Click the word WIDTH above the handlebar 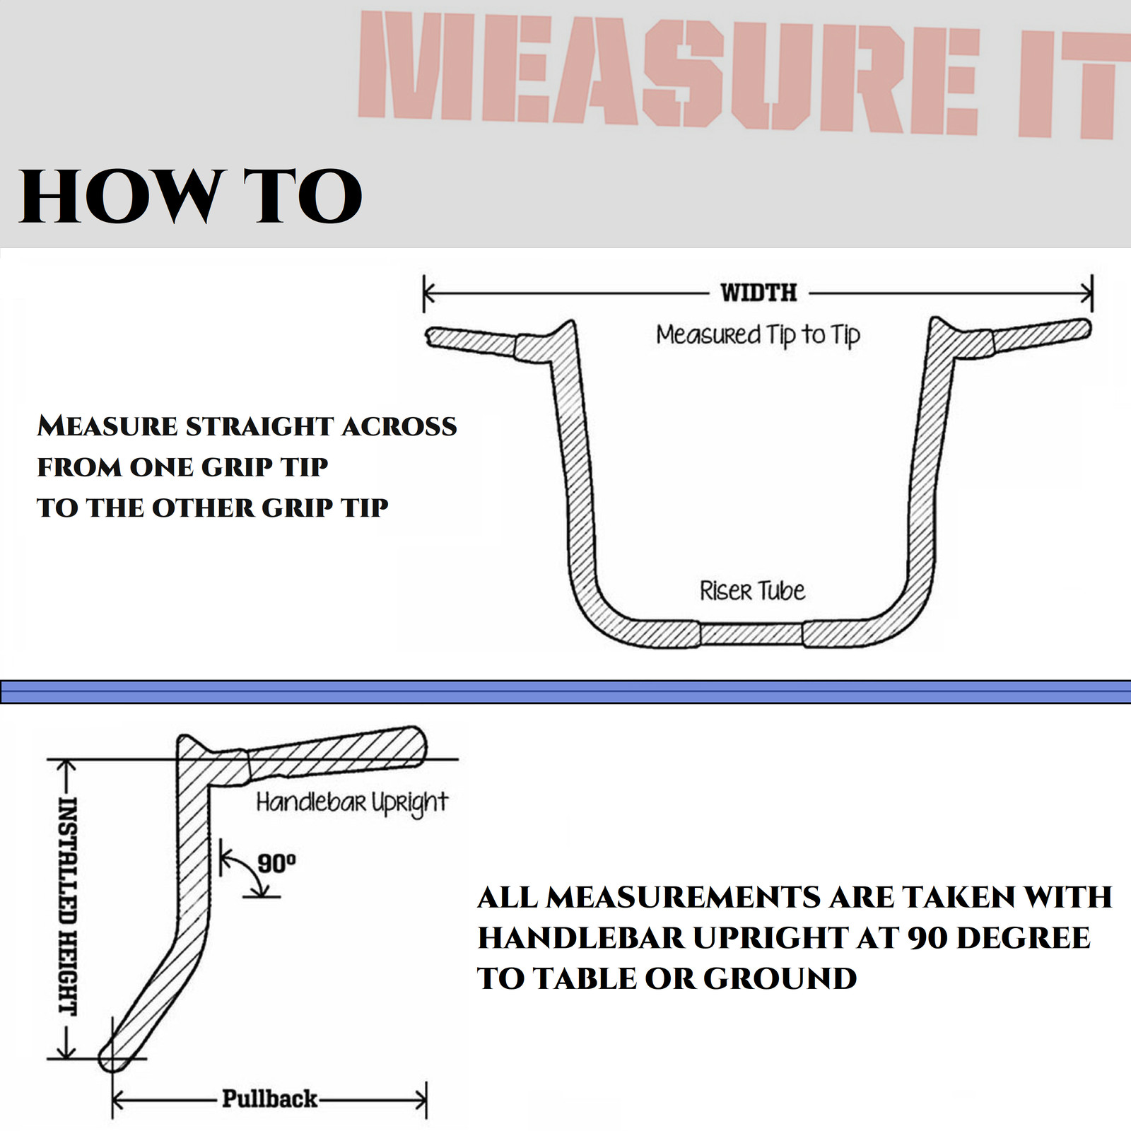coord(758,292)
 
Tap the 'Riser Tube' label coord(752,590)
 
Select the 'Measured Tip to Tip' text coord(758,335)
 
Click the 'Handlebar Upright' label coord(351,802)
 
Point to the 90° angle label coord(276,863)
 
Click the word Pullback coord(269,1098)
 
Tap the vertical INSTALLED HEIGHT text coord(67,906)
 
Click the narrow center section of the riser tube coord(751,634)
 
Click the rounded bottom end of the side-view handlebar coord(113,1057)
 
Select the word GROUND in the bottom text coord(780,978)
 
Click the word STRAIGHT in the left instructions coord(260,426)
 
